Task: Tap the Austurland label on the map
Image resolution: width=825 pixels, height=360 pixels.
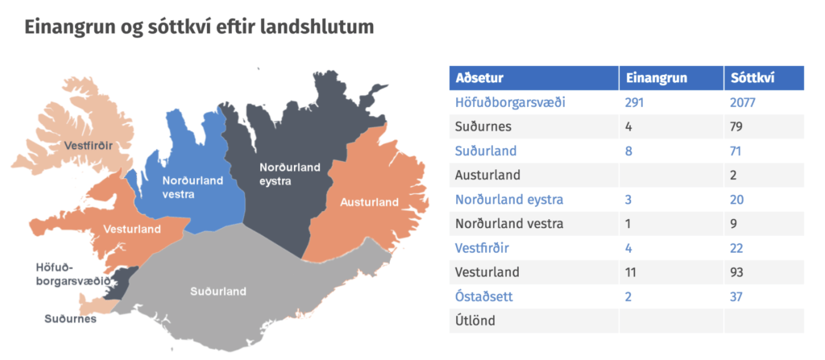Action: pyautogui.click(x=369, y=202)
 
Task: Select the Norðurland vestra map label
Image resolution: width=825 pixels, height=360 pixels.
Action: pyautogui.click(x=193, y=188)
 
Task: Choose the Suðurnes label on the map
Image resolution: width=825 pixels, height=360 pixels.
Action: pyautogui.click(x=71, y=319)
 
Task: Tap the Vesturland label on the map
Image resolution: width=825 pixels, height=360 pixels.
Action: pyautogui.click(x=133, y=230)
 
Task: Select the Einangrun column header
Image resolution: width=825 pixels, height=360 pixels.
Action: pyautogui.click(x=656, y=78)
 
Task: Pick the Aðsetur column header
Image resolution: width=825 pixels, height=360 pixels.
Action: pyautogui.click(x=479, y=78)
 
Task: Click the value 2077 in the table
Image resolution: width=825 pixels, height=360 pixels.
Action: pyautogui.click(x=742, y=102)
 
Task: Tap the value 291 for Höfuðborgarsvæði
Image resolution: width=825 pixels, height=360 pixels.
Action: pyautogui.click(x=634, y=102)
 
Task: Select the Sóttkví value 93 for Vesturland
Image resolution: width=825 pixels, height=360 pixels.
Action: pyautogui.click(x=736, y=273)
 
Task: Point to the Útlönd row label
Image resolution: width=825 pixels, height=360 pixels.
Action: pyautogui.click(x=475, y=321)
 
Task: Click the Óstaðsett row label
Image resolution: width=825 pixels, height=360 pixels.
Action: pyautogui.click(x=484, y=297)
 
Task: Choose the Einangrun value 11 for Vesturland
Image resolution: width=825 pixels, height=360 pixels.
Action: pyautogui.click(x=631, y=273)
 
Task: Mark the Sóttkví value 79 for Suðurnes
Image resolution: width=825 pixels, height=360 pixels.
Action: pyautogui.click(x=736, y=126)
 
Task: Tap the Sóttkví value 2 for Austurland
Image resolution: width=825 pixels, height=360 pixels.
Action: pyautogui.click(x=733, y=176)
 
